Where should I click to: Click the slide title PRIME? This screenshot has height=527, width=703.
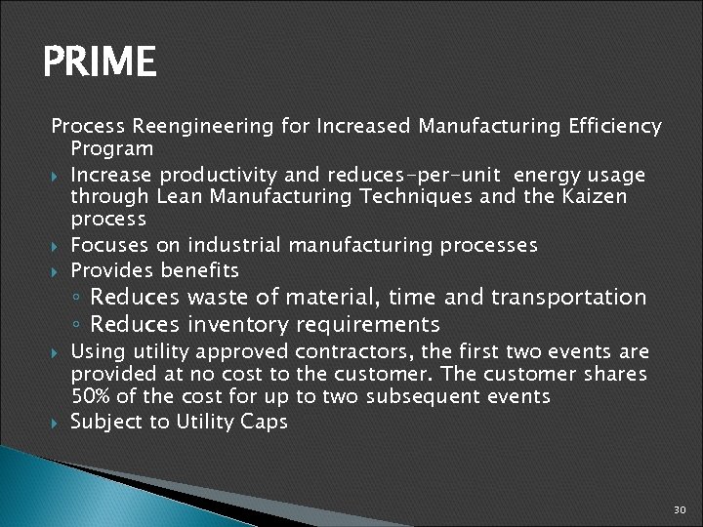point(100,63)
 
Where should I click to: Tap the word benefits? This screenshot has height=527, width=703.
point(200,269)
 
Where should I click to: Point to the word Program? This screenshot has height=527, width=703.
point(111,149)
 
